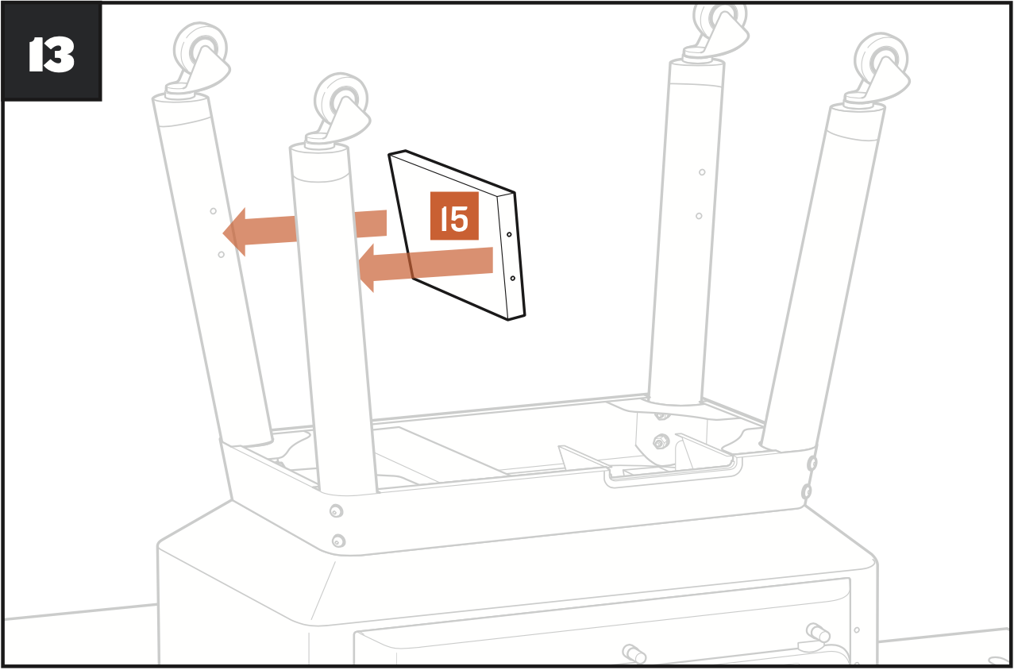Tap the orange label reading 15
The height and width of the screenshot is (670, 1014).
pos(454,216)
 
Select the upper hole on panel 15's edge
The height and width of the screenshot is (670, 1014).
pos(509,235)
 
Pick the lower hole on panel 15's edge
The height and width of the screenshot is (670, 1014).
pos(513,278)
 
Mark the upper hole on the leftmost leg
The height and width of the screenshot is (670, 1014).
pos(213,210)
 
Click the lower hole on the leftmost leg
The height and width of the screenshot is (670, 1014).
pos(221,254)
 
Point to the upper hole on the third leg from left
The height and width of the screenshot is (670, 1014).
pos(702,172)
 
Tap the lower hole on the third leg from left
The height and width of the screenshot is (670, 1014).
pos(699,215)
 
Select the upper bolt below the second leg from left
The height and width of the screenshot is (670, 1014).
pos(335,510)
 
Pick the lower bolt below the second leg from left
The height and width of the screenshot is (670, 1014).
pos(338,541)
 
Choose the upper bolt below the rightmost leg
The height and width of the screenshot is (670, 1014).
pos(812,463)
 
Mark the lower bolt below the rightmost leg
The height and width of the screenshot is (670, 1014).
pos(808,491)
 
